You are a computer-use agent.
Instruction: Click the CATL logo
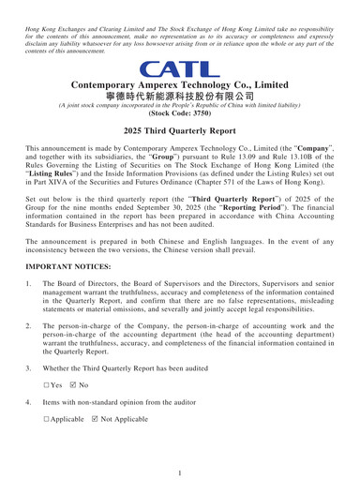pyautogui.click(x=179, y=68)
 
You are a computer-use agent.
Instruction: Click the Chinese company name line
pyautogui.click(x=180, y=97)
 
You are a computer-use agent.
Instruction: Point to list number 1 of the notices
pyautogui.click(x=29, y=283)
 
